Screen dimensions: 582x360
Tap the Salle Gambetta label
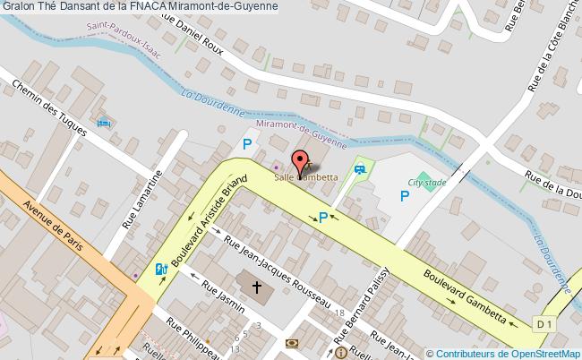click(x=306, y=177)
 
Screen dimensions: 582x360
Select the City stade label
click(x=426, y=182)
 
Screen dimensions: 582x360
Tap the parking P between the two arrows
click(x=323, y=216)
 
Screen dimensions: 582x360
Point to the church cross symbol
click(x=257, y=287)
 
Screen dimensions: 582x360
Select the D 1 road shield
click(x=543, y=321)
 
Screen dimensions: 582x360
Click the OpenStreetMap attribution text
click(x=503, y=353)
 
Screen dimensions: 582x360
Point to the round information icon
click(x=341, y=354)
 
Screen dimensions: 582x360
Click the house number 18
click(x=339, y=312)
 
